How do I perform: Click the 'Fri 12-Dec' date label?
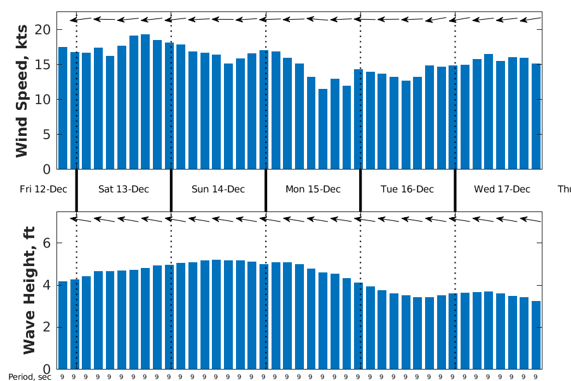pyautogui.click(x=43, y=189)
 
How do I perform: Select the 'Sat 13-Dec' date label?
pyautogui.click(x=124, y=189)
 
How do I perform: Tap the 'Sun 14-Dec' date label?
pyautogui.click(x=218, y=189)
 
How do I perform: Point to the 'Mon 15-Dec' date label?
pyautogui.click(x=313, y=189)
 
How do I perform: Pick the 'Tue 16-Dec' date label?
pyautogui.click(x=407, y=189)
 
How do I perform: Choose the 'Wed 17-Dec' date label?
pyautogui.click(x=502, y=189)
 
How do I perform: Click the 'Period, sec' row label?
pyautogui.click(x=29, y=377)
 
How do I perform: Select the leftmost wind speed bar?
pyautogui.click(x=63, y=108)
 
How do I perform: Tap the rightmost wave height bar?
pyautogui.click(x=536, y=335)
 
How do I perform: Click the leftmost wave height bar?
pyautogui.click(x=63, y=324)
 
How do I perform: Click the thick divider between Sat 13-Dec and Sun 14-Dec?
pyautogui.click(x=171, y=189)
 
